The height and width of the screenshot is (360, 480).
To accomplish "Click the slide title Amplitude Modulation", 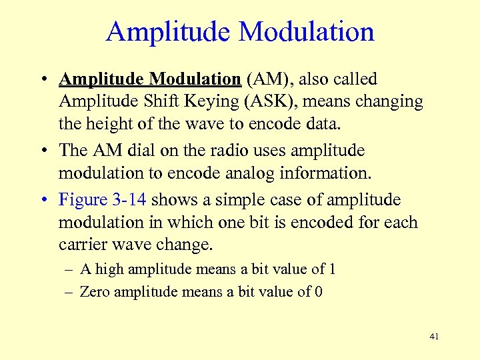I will point(240,32).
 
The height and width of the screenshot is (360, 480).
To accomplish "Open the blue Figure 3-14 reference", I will point(102,200).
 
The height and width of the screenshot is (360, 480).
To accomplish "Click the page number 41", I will point(434,337).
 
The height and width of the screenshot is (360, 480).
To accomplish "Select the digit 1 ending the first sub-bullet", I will point(332,269).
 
